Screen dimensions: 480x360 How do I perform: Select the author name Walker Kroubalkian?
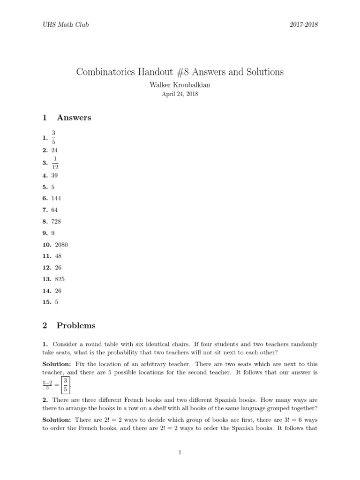coord(180,85)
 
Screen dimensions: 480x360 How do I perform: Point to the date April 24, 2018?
coord(180,94)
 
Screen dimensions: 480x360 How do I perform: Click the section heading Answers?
coord(74,118)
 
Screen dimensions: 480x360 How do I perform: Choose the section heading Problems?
coord(75,325)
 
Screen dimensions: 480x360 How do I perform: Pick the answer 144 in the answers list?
coord(56,198)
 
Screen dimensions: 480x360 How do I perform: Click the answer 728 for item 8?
coord(56,221)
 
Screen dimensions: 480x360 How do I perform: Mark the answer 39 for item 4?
coord(54,175)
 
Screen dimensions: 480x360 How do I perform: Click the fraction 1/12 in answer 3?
coord(55,163)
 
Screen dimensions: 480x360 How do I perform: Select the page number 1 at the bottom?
coord(180,452)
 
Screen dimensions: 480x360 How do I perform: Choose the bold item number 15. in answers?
coord(46,302)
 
